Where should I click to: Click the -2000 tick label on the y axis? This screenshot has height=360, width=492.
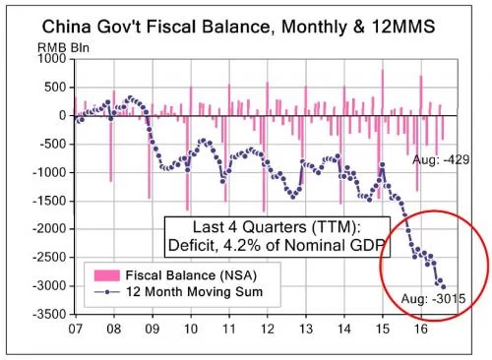click(48, 229)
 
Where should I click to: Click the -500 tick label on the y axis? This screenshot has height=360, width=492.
click(51, 145)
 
